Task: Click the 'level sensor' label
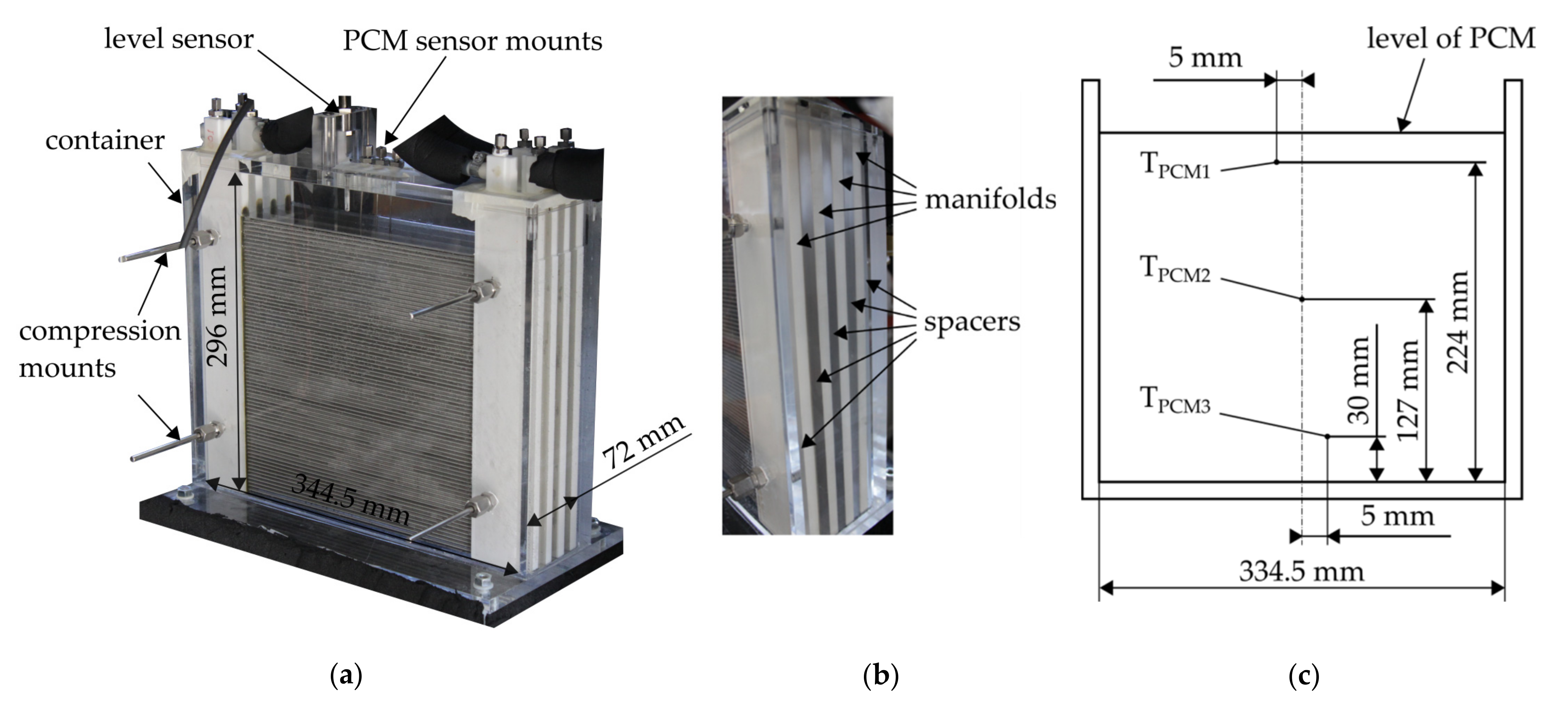179,40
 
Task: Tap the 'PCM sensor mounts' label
472,41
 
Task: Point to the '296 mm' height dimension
217,316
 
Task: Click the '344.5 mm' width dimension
350,499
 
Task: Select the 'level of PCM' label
1451,39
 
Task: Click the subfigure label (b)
880,676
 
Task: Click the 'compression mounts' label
99,349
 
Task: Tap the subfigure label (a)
346,676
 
